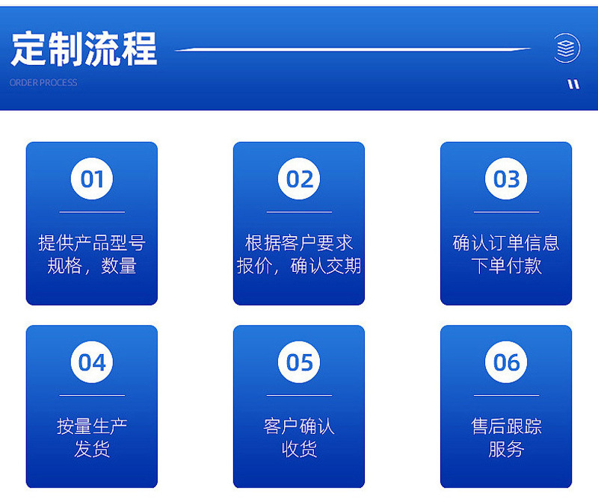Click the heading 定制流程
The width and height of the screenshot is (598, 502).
84,49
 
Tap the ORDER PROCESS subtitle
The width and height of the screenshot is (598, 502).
43,82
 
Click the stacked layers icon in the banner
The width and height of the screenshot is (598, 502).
567,49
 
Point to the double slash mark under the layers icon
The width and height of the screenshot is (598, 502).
573,84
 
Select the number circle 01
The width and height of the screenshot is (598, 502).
92,179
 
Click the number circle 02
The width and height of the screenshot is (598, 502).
299,179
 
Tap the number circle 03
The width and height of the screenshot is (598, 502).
506,179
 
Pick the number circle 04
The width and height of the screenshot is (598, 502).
92,362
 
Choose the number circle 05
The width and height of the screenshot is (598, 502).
299,362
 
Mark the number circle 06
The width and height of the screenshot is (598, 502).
506,362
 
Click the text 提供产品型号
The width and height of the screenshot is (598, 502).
92,243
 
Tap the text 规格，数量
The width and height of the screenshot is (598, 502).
92,266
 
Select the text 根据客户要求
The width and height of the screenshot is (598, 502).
299,243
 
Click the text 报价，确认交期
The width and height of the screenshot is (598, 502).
299,266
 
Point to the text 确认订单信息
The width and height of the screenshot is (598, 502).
506,243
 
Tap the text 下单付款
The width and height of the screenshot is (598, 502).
506,266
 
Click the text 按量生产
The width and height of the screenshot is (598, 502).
92,426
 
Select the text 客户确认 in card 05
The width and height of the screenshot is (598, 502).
299,426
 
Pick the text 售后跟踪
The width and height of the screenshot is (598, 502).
506,426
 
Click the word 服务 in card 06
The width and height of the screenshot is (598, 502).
506,449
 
